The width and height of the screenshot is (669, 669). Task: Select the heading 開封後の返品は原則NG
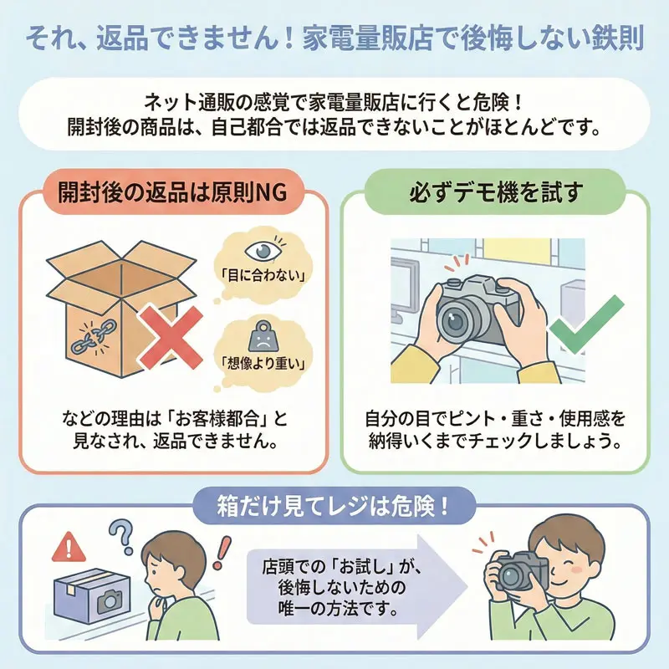171,192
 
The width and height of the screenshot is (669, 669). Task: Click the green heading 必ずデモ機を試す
495,192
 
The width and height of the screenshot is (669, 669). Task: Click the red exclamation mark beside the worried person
221,552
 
